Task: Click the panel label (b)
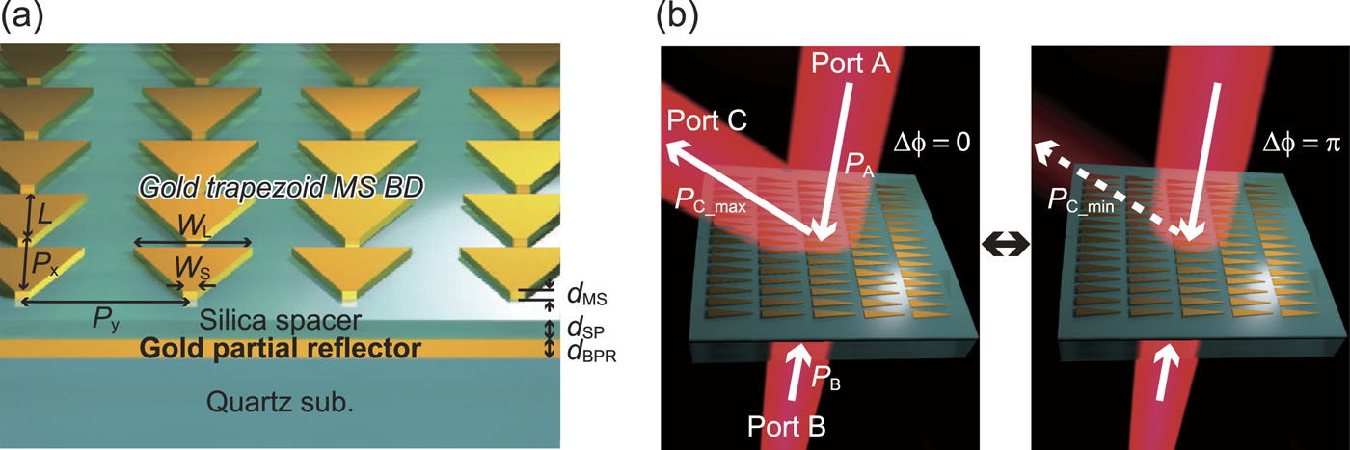tap(675, 16)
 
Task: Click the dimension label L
tap(44, 210)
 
